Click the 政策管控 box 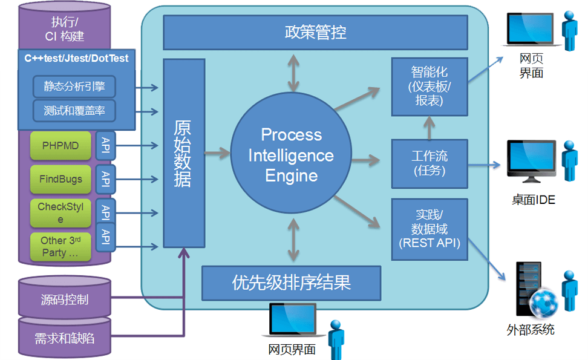click(315, 33)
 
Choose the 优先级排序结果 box click(291, 283)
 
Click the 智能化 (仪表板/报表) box click(430, 87)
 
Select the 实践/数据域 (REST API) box click(430, 229)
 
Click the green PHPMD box click(60, 146)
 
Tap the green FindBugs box click(60, 179)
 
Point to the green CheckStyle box click(60, 212)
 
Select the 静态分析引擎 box click(74, 86)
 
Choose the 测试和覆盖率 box click(74, 111)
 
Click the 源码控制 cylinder click(65, 299)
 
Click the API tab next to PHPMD click(105, 146)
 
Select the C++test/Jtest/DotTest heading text click(76, 59)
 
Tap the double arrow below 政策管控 click(294, 72)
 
